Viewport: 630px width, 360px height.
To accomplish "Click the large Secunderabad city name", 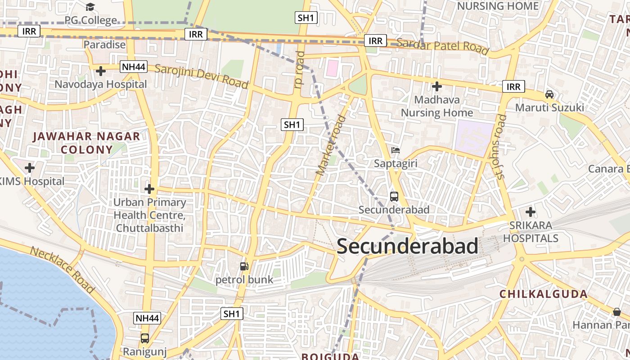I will (407, 247).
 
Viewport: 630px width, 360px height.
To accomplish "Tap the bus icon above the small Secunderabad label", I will (394, 196).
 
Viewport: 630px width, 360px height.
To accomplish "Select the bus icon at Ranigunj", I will (145, 338).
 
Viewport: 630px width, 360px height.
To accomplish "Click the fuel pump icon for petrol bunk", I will (244, 266).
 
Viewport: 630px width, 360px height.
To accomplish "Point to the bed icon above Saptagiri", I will (396, 150).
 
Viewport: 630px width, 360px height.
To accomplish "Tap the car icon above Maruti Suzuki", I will (549, 94).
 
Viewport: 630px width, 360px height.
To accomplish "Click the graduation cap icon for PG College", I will (90, 7).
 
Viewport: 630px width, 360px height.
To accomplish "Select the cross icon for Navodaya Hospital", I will (101, 71).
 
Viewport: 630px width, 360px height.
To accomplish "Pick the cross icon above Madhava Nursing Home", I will (436, 86).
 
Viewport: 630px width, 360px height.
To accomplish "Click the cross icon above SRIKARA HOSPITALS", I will (531, 211).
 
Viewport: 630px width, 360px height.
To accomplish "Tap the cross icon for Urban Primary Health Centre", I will (149, 189).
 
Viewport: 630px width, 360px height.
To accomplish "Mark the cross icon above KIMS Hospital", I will (30, 168).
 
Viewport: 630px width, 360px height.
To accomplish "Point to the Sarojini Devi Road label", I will (201, 76).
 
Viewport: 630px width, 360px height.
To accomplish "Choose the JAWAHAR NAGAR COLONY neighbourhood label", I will (86, 143).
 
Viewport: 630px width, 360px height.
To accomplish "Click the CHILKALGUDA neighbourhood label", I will (544, 294).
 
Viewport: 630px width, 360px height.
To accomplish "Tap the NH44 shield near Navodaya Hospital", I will (134, 67).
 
